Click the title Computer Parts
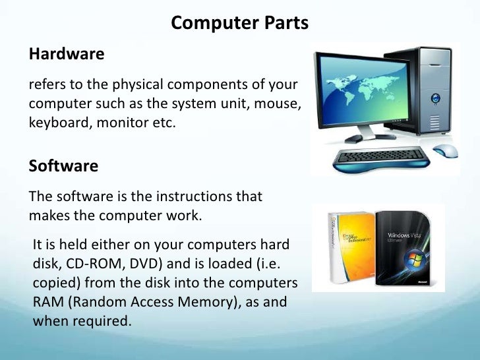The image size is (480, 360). pos(239,23)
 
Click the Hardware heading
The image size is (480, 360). pos(67,54)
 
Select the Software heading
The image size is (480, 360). pos(63,166)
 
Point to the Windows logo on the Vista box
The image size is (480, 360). pos(413,257)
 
